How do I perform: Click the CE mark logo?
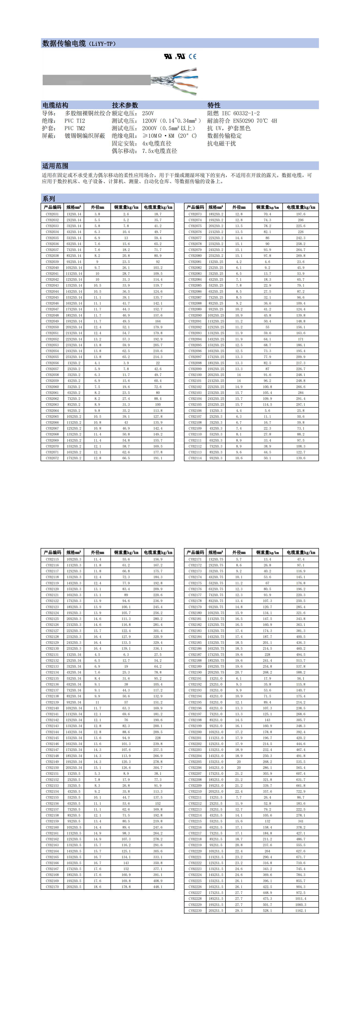(x=192, y=57)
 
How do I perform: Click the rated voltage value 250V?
(x=148, y=113)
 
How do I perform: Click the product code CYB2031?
(x=52, y=214)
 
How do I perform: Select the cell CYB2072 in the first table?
(x=52, y=458)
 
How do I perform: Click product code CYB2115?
(x=52, y=559)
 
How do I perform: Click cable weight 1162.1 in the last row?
(x=300, y=911)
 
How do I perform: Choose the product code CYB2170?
(x=52, y=886)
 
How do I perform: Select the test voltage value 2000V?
(x=149, y=128)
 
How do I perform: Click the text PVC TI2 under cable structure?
(x=75, y=121)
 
